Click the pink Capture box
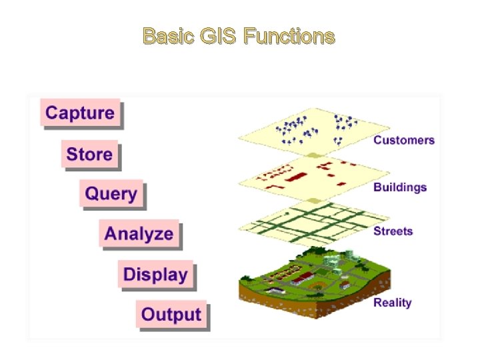tap(80, 113)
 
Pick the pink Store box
tap(89, 154)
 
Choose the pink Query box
tap(111, 194)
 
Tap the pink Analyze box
tap(139, 234)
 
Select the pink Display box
tap(155, 274)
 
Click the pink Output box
tap(171, 314)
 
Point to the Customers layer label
tap(404, 140)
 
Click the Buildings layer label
tap(400, 187)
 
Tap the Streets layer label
tap(393, 231)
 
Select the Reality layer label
tap(392, 303)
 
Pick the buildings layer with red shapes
tap(313, 175)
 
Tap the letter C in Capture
tap(52, 113)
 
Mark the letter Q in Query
tap(93, 194)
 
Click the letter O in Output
tap(149, 314)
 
